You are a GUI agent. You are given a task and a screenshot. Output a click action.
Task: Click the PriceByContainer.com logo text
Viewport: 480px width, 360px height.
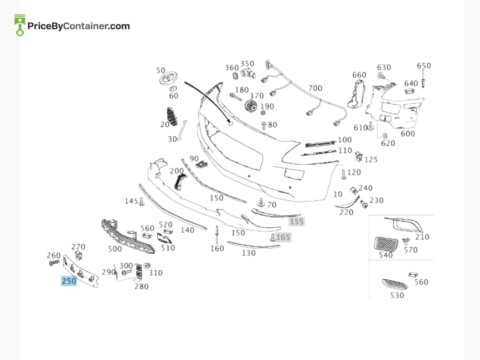[79, 26]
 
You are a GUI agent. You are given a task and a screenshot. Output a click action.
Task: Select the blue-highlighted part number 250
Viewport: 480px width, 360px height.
[69, 281]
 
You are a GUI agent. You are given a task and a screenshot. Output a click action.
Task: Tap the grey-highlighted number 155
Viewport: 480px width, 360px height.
[297, 222]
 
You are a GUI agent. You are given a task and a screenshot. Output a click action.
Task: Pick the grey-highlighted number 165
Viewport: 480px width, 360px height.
[283, 237]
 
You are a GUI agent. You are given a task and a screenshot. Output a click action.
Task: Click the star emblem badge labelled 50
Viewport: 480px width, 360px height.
[169, 79]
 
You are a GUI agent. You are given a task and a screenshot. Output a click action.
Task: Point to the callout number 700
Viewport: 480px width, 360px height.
[316, 88]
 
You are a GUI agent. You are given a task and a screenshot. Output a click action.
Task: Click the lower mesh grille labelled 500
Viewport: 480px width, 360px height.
[128, 235]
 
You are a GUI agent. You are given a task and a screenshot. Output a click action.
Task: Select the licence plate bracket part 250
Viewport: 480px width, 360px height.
[81, 272]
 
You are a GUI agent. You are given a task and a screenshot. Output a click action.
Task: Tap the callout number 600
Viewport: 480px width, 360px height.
[408, 133]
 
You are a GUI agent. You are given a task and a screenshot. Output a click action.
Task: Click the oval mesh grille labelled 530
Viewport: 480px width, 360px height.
[395, 284]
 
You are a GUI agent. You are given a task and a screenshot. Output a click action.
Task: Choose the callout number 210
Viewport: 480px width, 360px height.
[422, 236]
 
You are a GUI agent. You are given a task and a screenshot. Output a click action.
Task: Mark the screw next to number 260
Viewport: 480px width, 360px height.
[54, 263]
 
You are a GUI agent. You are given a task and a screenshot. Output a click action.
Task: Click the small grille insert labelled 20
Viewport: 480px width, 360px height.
[173, 116]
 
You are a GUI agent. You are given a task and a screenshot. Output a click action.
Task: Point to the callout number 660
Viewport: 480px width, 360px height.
[359, 75]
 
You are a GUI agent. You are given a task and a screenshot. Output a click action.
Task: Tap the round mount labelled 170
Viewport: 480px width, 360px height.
[251, 106]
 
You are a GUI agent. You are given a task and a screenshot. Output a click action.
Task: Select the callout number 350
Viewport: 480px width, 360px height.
[247, 64]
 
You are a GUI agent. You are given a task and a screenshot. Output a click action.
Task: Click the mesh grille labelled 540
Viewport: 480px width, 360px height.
[386, 244]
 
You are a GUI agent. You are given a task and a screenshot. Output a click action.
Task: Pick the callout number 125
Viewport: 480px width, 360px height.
[371, 160]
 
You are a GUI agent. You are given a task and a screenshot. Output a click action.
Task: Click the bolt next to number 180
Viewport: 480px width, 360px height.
[236, 97]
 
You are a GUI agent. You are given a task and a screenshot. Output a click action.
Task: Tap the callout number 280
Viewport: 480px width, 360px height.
[141, 286]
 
